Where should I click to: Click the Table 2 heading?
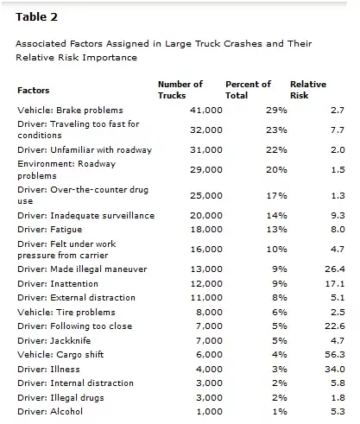pyautogui.click(x=36, y=17)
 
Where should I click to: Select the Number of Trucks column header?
pyautogui.click(x=180, y=90)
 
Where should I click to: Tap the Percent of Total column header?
pyautogui.click(x=248, y=90)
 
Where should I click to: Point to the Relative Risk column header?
pyautogui.click(x=308, y=90)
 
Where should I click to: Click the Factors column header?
pyautogui.click(x=34, y=91)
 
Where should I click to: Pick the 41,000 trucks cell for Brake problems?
pyautogui.click(x=206, y=111)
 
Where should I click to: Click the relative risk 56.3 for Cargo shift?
pyautogui.click(x=335, y=355)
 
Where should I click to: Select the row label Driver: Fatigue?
pyautogui.click(x=50, y=230)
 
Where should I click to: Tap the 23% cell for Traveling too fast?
pyautogui.click(x=276, y=130)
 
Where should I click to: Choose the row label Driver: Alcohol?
pyautogui.click(x=50, y=412)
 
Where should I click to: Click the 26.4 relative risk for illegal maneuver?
pyautogui.click(x=335, y=269)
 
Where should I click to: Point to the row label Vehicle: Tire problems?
pyautogui.click(x=66, y=313)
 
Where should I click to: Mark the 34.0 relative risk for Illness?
pyautogui.click(x=335, y=369)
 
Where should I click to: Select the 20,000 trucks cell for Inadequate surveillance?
pyautogui.click(x=206, y=216)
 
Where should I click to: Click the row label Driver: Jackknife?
pyautogui.click(x=54, y=341)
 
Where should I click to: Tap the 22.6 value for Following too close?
pyautogui.click(x=335, y=326)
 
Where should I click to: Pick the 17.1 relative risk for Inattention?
pyautogui.click(x=335, y=284)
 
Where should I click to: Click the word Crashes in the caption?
pyautogui.click(x=243, y=44)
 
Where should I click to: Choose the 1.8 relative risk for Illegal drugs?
pyautogui.click(x=338, y=398)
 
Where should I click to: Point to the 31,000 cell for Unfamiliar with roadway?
pyautogui.click(x=206, y=150)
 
